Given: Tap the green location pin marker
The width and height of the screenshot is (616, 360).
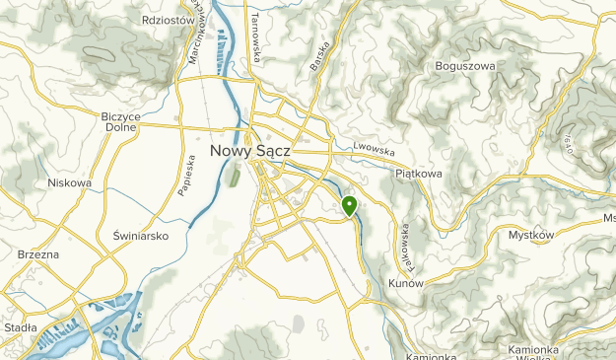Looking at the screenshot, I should [x=350, y=205].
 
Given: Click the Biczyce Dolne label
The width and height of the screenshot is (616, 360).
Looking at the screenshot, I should [x=121, y=121].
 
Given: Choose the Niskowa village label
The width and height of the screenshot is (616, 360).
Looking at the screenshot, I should [x=69, y=182].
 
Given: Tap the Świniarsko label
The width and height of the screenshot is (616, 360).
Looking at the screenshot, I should [x=141, y=236].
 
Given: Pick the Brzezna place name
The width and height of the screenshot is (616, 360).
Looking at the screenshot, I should [x=38, y=254].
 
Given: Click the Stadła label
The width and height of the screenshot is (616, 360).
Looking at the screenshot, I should [x=20, y=327].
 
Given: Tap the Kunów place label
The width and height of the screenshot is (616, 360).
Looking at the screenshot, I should [x=405, y=284].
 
